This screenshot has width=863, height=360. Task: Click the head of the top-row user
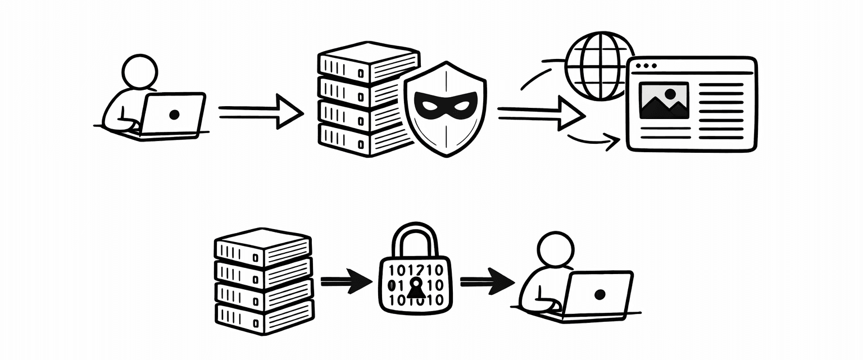click(140, 71)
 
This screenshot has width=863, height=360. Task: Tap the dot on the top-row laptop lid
click(174, 115)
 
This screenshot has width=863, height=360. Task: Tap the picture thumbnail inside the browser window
click(664, 101)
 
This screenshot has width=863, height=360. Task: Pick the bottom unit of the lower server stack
click(262, 318)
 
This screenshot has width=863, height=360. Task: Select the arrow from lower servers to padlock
click(346, 280)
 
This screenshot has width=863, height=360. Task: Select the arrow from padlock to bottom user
click(487, 280)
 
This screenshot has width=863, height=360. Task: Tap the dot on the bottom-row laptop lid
click(599, 294)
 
